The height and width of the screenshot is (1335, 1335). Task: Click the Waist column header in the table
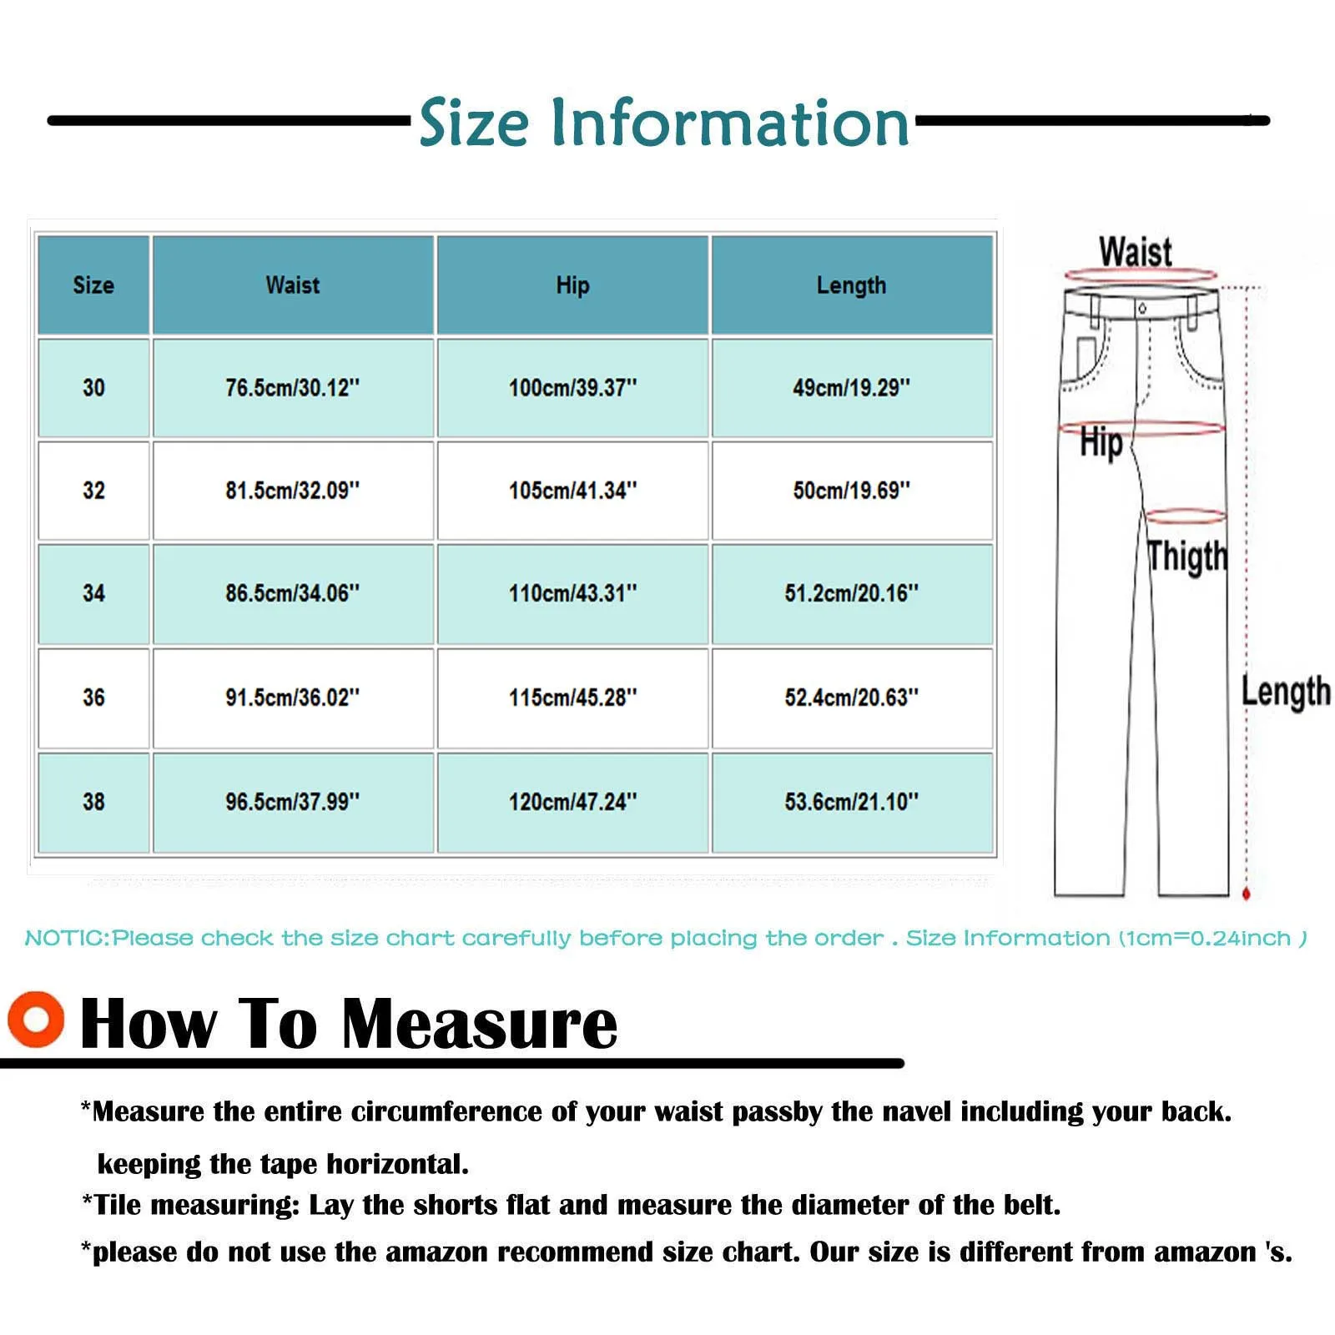click(x=292, y=285)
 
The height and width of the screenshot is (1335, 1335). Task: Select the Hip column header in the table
click(x=572, y=285)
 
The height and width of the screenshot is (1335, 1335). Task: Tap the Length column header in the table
click(x=851, y=285)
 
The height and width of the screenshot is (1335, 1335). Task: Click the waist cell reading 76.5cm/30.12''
click(x=292, y=388)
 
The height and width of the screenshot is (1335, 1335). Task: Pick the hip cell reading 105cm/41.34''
click(x=572, y=491)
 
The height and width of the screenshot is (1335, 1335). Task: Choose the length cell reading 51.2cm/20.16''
click(x=851, y=593)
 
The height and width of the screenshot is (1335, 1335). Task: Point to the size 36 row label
click(x=93, y=698)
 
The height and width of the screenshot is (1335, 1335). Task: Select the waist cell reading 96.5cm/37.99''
click(x=292, y=802)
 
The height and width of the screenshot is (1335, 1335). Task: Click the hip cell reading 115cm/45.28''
click(x=572, y=698)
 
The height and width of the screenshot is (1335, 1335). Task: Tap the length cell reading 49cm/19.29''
click(x=851, y=388)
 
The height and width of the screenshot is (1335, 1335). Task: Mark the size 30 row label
click(x=93, y=388)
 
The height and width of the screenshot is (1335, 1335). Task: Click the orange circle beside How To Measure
click(x=36, y=1019)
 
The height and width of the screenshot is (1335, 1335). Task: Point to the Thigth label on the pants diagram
click(x=1186, y=557)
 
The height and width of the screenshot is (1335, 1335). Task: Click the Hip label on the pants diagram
click(x=1101, y=443)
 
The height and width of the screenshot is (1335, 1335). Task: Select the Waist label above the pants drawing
click(x=1135, y=251)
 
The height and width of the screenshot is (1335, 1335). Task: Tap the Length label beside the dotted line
click(x=1285, y=692)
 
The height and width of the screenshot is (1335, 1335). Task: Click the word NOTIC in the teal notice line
click(x=66, y=938)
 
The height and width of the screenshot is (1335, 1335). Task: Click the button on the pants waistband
click(x=1141, y=309)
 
